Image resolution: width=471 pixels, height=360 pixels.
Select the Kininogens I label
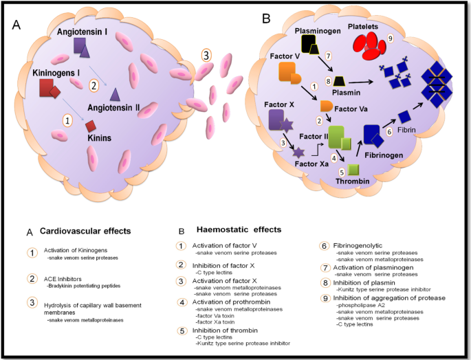pyautogui.click(x=58, y=72)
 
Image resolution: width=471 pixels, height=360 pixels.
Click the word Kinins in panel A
pyautogui.click(x=100, y=138)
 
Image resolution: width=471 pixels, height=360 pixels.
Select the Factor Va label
pyautogui.click(x=354, y=109)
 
